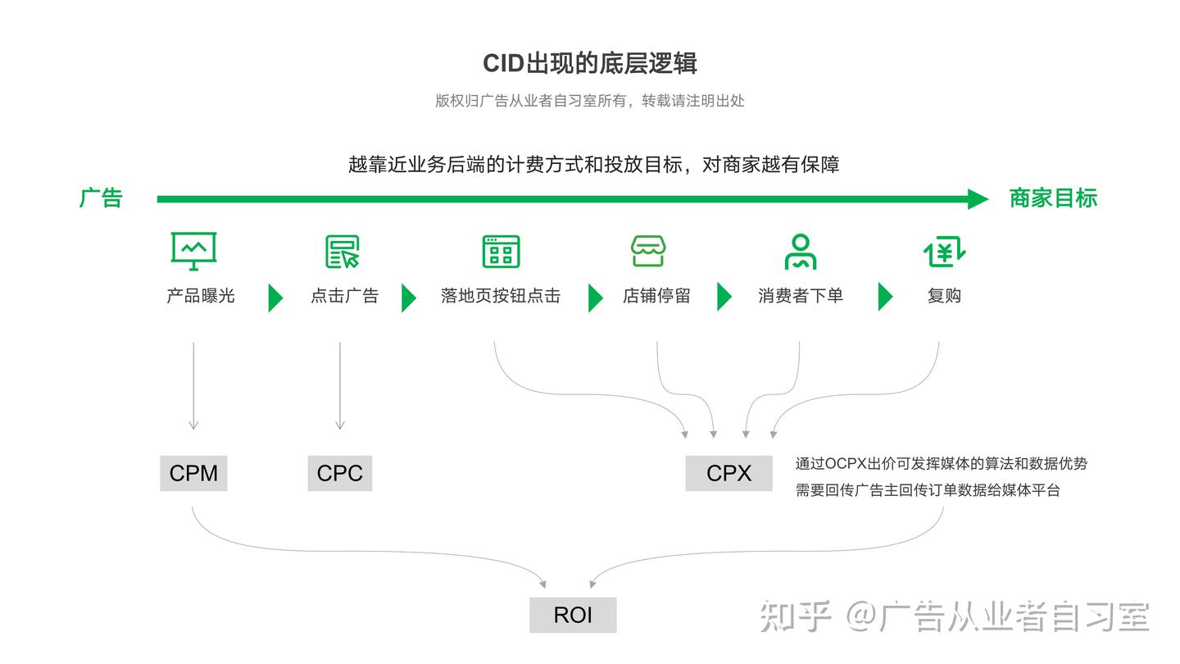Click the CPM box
193,473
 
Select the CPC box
339,473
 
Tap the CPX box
728,473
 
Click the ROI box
572,615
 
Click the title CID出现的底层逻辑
589,63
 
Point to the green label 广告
101,198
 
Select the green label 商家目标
1052,198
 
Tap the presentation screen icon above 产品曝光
193,251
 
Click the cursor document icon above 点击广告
343,251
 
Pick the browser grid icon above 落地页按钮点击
501,251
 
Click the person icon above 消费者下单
800,251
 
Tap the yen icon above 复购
944,251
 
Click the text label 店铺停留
656,296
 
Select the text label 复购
944,296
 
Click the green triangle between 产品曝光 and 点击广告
275,297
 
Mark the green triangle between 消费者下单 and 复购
884,297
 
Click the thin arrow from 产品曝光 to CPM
193,385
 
